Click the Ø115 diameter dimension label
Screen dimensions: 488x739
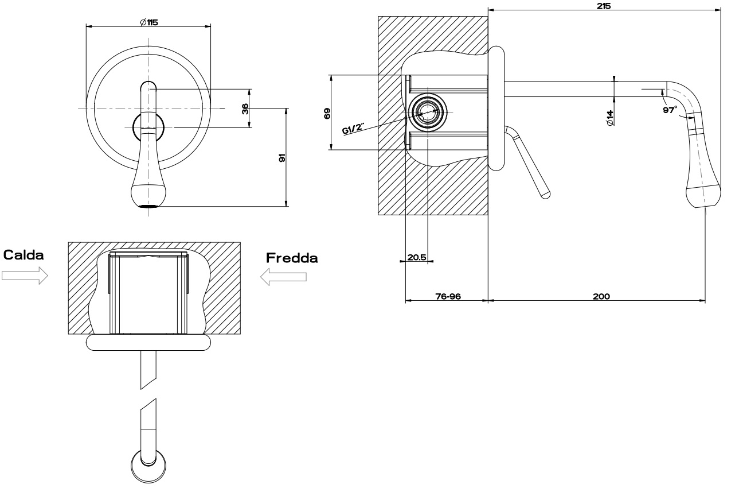148,22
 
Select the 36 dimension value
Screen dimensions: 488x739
245,108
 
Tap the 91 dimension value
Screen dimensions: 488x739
281,157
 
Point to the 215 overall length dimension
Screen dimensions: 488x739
603,6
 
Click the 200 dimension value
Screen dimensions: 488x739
601,296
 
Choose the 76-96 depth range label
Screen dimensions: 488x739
448,296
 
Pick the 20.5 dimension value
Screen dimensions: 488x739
416,258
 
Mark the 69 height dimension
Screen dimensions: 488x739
327,113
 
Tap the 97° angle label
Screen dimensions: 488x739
670,110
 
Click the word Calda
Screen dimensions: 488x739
24,254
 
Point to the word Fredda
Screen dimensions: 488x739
291,258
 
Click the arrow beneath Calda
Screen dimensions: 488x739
24,276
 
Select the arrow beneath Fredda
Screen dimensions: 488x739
283,277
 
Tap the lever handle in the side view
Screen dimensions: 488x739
529,164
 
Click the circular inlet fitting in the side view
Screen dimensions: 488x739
427,111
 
